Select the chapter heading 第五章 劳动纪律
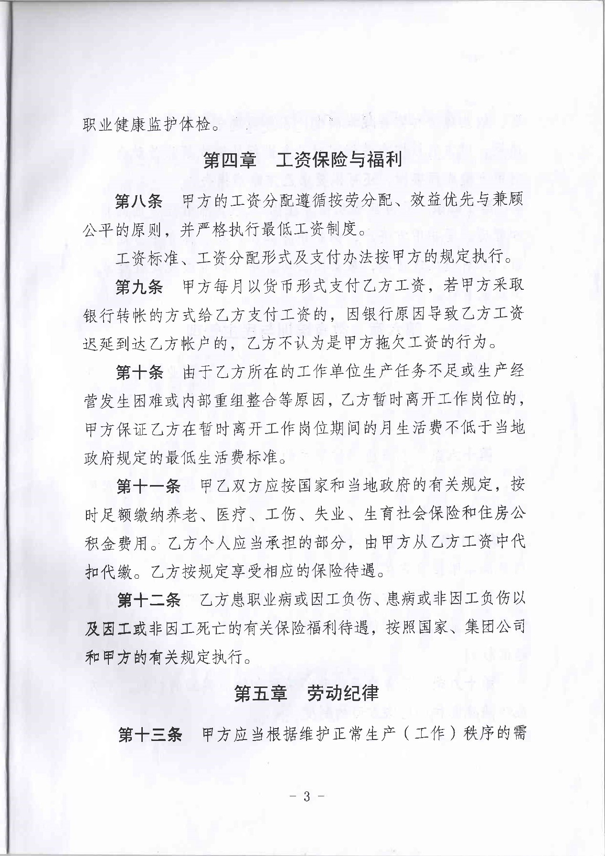307,694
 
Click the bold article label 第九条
139,286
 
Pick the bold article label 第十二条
149,600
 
